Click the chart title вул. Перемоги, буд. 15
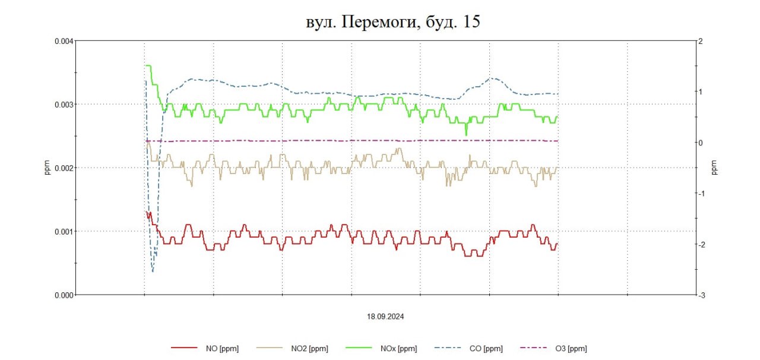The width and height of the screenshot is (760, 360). point(391,23)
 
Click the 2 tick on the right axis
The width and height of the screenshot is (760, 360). point(701,41)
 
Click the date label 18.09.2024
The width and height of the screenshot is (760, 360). point(385,317)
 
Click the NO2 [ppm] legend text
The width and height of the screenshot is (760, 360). point(309,349)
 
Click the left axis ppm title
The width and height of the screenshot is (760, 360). point(47,168)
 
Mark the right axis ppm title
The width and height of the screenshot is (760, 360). point(714,168)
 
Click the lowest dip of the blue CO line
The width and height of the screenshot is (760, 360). point(153,271)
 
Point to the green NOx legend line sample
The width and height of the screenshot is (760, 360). point(359,349)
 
